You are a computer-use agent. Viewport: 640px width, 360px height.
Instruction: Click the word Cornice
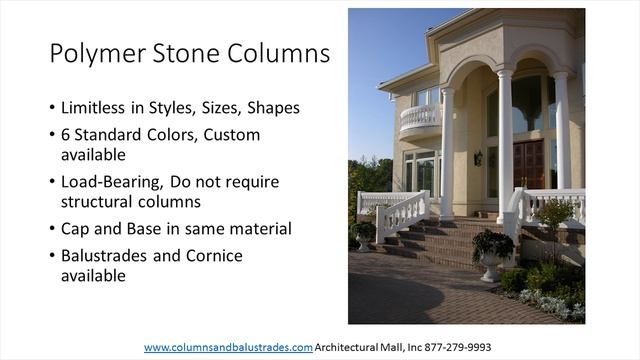point(211,255)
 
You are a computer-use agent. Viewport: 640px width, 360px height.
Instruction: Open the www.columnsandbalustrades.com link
point(228,347)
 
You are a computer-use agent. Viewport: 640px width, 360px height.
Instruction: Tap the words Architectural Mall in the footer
point(356,347)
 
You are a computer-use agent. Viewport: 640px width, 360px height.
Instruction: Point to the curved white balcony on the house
point(420,120)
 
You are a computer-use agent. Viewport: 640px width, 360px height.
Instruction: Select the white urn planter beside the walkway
point(492,265)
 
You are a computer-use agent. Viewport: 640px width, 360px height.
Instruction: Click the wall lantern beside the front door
point(478,158)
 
